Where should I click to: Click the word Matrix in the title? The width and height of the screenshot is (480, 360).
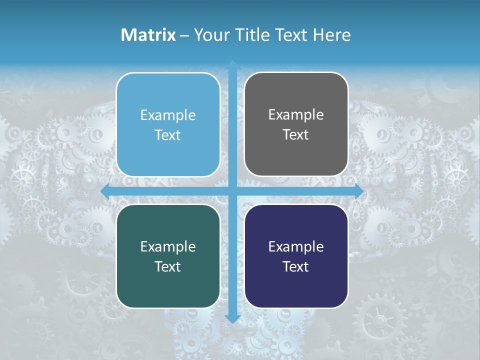point(148,35)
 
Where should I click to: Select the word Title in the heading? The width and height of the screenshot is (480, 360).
point(248,35)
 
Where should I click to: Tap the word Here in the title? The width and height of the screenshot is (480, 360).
point(331,35)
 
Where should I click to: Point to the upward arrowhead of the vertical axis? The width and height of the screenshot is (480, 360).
point(232,64)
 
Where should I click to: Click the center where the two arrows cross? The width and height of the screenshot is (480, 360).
point(232,191)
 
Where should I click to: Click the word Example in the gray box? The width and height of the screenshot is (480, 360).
point(296,115)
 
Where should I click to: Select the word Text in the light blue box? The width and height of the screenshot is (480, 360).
point(168,135)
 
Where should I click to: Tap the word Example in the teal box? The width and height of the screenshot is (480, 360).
point(168,246)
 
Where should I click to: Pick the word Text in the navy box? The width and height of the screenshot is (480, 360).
point(296,266)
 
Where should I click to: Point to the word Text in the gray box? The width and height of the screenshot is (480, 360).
point(296,135)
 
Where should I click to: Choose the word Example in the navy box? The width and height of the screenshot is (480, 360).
point(296,246)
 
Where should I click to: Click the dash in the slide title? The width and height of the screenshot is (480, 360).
point(184,35)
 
